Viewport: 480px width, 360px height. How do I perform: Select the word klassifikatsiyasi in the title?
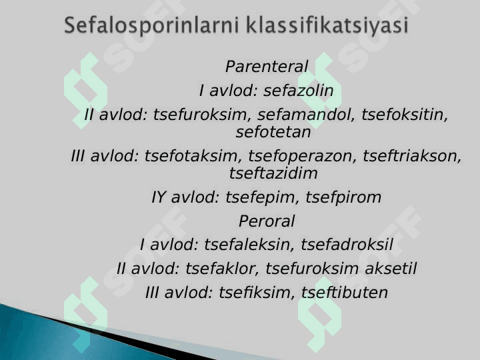tap(327, 25)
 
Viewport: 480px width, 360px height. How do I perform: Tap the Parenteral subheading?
tap(267, 67)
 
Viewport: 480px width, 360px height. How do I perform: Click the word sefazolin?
tap(299, 91)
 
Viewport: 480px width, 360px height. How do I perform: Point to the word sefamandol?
tap(305, 115)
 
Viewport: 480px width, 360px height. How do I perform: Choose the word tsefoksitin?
tap(405, 115)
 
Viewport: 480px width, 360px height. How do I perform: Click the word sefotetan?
tap(273, 132)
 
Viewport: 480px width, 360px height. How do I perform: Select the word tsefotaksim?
tap(191, 156)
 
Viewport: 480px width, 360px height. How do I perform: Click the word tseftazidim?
tap(273, 173)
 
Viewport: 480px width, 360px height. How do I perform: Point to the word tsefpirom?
tap(343, 197)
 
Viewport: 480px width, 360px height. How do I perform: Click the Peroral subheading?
tap(266, 221)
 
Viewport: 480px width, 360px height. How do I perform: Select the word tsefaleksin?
tap(247, 245)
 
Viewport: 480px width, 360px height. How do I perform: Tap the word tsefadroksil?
tap(347, 245)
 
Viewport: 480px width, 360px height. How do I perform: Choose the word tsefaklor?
tap(223, 269)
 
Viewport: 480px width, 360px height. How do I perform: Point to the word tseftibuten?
tap(345, 293)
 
